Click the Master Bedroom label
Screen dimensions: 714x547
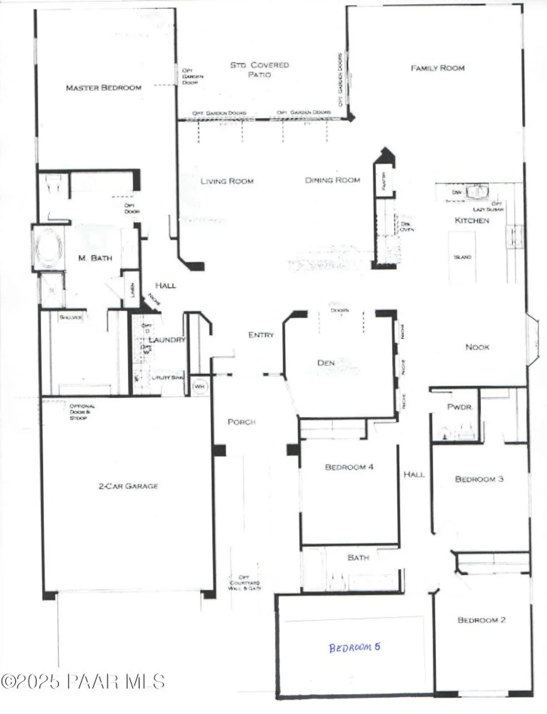pos(103,88)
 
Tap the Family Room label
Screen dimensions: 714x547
pos(438,68)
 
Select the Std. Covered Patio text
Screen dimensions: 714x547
pos(259,69)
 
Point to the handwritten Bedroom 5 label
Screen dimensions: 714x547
pos(355,647)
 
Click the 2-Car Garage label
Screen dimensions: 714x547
pos(128,486)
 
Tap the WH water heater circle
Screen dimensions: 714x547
pos(199,387)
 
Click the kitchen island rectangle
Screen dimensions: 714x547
pos(462,258)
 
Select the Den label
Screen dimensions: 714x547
pos(326,363)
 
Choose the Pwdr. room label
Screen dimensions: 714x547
pos(459,407)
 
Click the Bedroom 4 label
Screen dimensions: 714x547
pos(349,467)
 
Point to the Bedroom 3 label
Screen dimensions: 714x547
pos(479,479)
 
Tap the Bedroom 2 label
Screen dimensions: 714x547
pos(481,620)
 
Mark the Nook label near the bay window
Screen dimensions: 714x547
pos(477,347)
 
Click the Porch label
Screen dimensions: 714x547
pos(241,422)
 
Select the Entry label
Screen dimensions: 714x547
pos(261,335)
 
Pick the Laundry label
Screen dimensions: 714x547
pos(167,340)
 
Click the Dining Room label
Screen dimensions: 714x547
pos(332,180)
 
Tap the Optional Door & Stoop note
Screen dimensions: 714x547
pos(82,412)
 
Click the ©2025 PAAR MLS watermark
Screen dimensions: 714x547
pos(83,682)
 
